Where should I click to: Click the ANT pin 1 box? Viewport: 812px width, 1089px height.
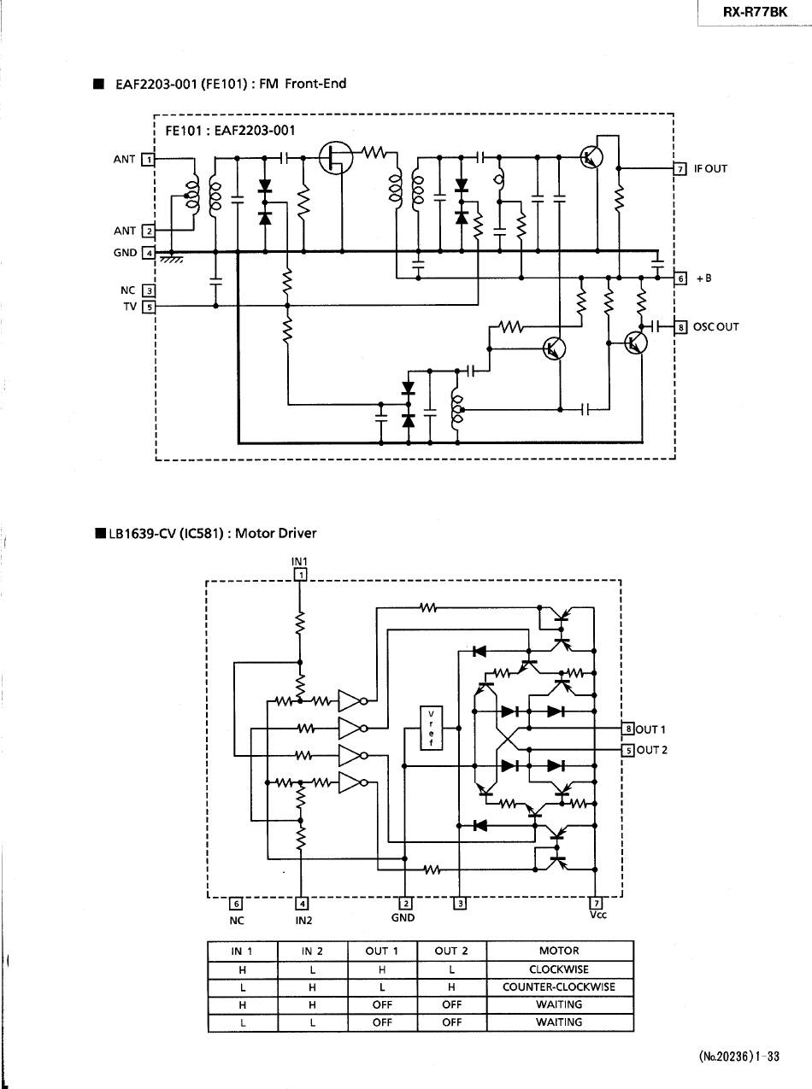click(148, 160)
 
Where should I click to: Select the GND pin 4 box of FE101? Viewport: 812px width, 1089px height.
click(149, 253)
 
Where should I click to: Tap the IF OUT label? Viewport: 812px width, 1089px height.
click(710, 169)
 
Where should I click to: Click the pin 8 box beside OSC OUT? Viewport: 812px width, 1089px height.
click(680, 327)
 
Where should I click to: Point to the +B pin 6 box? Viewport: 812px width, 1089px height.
click(680, 278)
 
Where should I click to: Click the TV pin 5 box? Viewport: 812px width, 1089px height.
click(149, 307)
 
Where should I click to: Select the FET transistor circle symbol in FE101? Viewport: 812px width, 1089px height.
click(336, 158)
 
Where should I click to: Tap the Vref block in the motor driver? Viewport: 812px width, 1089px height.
click(432, 728)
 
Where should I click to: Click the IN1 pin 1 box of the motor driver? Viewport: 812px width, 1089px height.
click(300, 575)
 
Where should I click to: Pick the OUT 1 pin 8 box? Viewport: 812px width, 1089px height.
click(627, 729)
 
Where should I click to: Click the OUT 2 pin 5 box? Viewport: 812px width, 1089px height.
click(627, 750)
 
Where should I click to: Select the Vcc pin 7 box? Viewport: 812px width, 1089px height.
click(596, 904)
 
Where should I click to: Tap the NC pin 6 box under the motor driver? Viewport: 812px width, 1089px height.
click(236, 904)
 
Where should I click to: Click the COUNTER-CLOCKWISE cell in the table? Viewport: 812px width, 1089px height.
click(559, 987)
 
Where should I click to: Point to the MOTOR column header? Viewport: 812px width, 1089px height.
click(559, 951)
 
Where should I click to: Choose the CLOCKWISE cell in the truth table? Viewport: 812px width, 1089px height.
click(559, 969)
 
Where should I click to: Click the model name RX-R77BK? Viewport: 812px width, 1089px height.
click(755, 12)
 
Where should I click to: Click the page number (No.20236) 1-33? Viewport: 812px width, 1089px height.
click(739, 1056)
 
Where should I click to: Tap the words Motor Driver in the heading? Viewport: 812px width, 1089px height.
click(276, 533)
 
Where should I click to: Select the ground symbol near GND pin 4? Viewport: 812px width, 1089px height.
click(172, 258)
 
